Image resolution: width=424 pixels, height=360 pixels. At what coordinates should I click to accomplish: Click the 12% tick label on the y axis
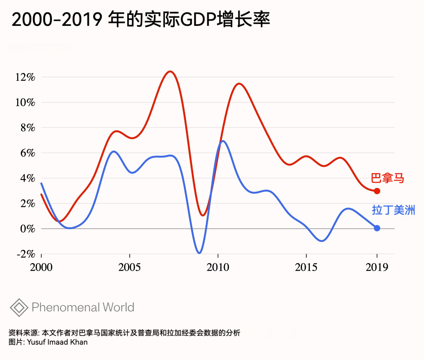pos(25,77)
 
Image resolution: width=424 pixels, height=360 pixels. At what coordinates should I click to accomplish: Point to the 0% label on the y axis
pos(27,228)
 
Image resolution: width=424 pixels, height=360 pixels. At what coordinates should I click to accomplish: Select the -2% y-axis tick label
pos(26,254)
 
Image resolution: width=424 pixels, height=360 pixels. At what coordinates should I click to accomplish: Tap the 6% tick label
pos(28,153)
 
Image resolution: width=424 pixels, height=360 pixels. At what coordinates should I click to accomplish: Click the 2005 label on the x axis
pos(129,267)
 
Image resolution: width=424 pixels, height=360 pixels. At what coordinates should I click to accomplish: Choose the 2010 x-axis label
pos(218,267)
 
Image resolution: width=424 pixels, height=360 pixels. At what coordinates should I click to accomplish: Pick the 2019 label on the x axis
pos(377,267)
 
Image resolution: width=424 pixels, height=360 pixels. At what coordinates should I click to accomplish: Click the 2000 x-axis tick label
pos(41,267)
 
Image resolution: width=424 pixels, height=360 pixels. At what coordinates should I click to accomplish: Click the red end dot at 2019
pos(377,191)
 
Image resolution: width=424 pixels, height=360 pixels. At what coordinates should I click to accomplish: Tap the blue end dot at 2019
pos(377,228)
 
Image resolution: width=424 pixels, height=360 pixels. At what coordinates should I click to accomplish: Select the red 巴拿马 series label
pos(388,178)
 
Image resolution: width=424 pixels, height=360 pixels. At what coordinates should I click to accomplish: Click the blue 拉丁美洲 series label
pos(393,210)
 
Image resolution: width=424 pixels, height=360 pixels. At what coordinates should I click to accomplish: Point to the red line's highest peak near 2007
pos(170,71)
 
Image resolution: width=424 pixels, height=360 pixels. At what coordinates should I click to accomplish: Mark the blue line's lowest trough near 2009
pos(199,253)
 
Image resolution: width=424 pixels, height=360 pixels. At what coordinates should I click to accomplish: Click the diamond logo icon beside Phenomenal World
pos(19,307)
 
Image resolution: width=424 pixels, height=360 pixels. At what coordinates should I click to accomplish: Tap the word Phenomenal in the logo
pos(66,307)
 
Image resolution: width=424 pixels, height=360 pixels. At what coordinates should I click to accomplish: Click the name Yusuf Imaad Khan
pos(57,342)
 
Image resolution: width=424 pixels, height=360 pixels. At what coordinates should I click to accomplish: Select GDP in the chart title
pos(198,19)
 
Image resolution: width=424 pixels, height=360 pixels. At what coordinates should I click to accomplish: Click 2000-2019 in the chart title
pos(57,19)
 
